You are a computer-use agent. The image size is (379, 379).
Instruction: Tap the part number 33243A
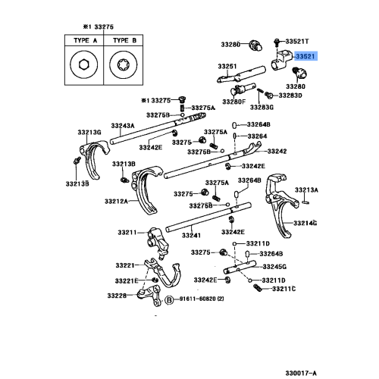122,126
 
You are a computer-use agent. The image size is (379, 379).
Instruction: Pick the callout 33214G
306,222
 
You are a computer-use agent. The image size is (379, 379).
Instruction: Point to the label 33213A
306,189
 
